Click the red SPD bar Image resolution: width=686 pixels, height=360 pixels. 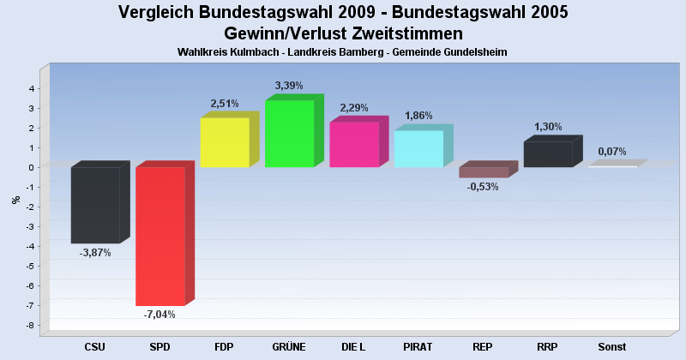coord(160,236)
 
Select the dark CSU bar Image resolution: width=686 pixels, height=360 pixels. coord(95,205)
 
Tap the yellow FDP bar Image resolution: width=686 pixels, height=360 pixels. coord(225,142)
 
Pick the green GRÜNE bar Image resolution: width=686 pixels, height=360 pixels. coord(289,134)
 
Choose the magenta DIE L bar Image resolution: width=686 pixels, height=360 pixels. coord(354,144)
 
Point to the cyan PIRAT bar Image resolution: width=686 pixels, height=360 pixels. coord(418,148)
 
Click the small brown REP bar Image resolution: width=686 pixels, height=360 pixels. coord(484,172)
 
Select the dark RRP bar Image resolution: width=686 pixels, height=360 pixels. coord(548,154)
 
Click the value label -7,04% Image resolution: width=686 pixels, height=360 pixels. coord(159,315)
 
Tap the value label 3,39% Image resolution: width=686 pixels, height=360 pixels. coord(289,85)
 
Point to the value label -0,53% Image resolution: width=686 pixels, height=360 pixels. coord(483,187)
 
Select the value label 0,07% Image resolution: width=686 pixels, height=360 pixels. coord(612,152)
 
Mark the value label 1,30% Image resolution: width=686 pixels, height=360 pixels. coord(548,127)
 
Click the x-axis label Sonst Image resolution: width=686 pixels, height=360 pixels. coord(612,347)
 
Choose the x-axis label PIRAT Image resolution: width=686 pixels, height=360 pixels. coord(418,347)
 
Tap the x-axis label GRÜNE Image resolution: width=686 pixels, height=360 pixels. coord(289,347)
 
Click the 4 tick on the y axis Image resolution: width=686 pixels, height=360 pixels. coord(31,88)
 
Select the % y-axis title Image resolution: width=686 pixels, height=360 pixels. coord(15,201)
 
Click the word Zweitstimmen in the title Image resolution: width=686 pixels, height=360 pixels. coord(410,33)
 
